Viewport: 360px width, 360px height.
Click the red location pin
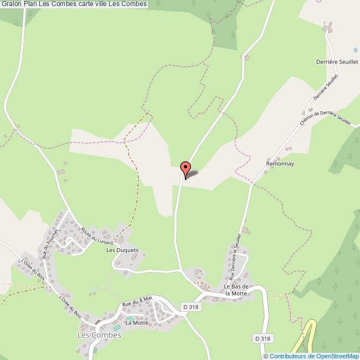click(x=186, y=167)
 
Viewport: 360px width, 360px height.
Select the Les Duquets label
click(x=121, y=250)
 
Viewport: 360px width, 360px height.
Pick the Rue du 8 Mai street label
click(x=137, y=302)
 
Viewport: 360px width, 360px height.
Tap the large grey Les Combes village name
click(x=99, y=335)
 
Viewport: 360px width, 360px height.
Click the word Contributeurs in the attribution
click(x=286, y=356)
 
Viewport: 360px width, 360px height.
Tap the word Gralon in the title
click(x=11, y=4)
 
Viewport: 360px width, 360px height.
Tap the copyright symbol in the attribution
click(x=266, y=356)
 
